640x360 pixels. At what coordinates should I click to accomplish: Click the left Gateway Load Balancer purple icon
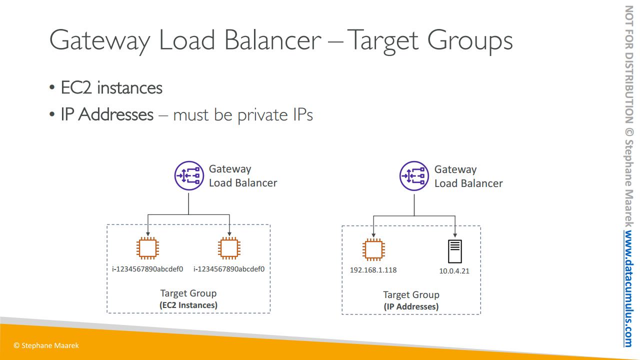point(189,176)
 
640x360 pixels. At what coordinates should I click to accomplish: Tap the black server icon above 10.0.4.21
point(455,251)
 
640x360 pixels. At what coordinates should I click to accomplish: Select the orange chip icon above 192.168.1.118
point(373,249)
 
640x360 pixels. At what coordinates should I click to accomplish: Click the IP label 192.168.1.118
point(373,270)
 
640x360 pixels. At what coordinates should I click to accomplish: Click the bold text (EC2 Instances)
point(188,304)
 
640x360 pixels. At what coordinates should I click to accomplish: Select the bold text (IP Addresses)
point(411,306)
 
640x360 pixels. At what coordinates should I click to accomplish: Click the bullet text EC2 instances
point(111,88)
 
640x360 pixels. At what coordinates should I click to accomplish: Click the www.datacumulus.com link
point(628,288)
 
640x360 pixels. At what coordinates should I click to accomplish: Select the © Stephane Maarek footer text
point(46,345)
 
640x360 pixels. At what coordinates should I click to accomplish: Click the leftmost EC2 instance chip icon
point(147,248)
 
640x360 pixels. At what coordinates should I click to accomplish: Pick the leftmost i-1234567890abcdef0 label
point(147,269)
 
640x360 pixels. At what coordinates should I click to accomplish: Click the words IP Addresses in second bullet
point(107,114)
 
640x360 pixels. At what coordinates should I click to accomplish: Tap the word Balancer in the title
point(272,40)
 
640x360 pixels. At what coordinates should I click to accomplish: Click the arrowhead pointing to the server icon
point(455,235)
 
